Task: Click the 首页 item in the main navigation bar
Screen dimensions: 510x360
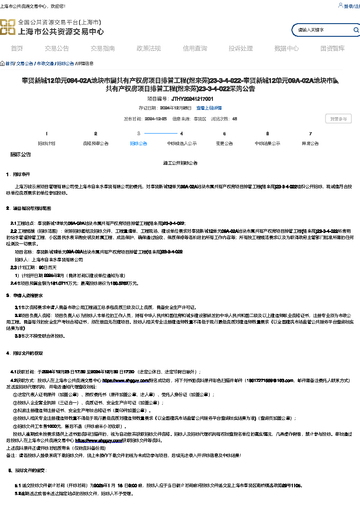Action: (x=17, y=49)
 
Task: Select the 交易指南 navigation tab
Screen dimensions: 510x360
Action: (x=103, y=49)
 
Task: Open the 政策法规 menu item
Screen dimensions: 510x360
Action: (x=149, y=49)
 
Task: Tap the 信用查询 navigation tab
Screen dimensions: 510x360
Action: (x=195, y=49)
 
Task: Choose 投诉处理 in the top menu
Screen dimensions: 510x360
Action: (x=241, y=49)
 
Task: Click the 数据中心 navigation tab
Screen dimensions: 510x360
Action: (x=286, y=49)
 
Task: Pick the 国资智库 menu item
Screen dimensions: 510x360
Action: (x=332, y=49)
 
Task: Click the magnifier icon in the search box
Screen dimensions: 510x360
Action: (x=356, y=30)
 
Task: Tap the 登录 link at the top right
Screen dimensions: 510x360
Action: (x=348, y=6)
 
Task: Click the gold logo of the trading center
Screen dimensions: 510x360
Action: (x=7, y=27)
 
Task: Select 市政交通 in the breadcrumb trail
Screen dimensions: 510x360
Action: (x=45, y=64)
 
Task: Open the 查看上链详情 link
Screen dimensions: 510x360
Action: (x=209, y=108)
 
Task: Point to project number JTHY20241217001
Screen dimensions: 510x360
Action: (x=192, y=99)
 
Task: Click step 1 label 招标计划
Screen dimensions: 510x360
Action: (x=46, y=144)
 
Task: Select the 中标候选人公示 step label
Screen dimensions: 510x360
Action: (x=182, y=144)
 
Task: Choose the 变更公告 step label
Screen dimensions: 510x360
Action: (x=224, y=144)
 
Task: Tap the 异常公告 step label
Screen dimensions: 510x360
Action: (x=311, y=144)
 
